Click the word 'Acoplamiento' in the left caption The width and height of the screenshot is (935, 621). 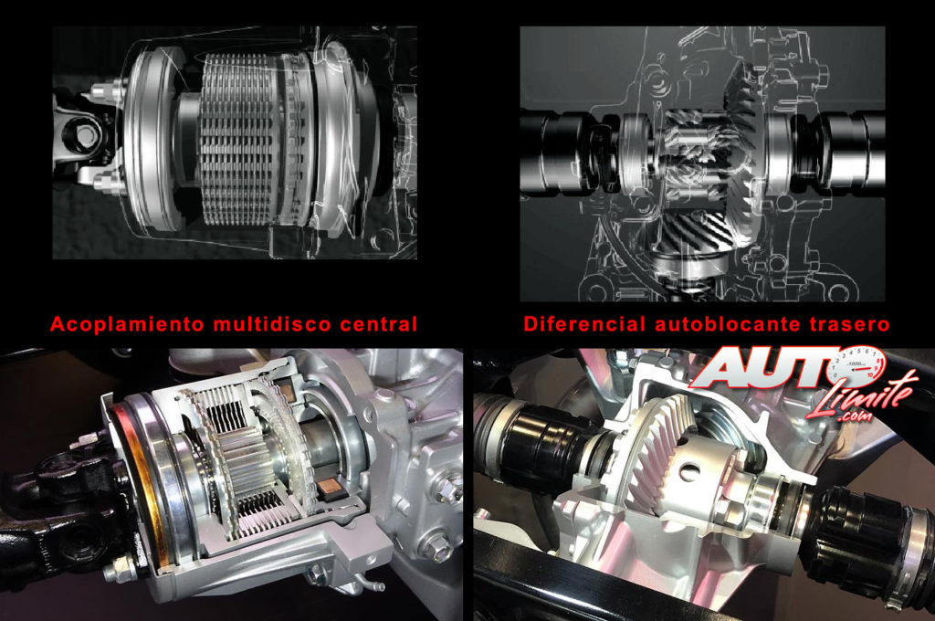click(x=127, y=324)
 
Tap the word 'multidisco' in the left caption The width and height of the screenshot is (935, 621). click(x=272, y=324)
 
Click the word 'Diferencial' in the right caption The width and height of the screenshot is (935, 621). click(x=584, y=324)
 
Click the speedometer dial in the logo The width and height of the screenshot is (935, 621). click(x=857, y=362)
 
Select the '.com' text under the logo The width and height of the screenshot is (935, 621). click(x=856, y=417)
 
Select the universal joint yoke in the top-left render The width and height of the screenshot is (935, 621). click(x=83, y=137)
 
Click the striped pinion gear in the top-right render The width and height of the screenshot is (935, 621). click(x=697, y=233)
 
